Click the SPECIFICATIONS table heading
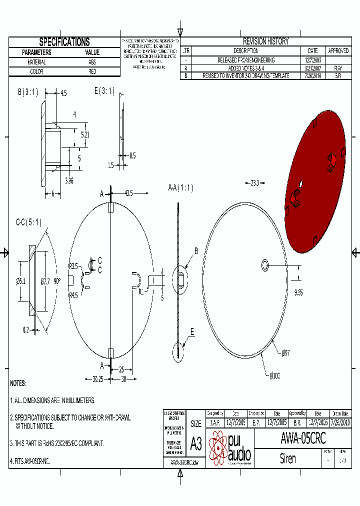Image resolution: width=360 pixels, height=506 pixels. pyautogui.click(x=64, y=42)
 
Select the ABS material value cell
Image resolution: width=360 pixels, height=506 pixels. pyautogui.click(x=92, y=62)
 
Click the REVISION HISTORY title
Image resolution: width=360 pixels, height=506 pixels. pyautogui.click(x=265, y=41)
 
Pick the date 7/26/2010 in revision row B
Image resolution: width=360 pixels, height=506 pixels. pyautogui.click(x=312, y=75)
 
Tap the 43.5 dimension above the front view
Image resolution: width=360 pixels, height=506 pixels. pyautogui.click(x=128, y=192)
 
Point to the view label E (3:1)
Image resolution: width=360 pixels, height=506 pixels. pyautogui.click(x=104, y=91)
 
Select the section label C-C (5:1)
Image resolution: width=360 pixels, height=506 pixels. pyautogui.click(x=28, y=222)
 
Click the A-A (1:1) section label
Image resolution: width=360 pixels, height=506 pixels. pyautogui.click(x=180, y=188)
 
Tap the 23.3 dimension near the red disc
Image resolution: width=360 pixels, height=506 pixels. pyautogui.click(x=255, y=183)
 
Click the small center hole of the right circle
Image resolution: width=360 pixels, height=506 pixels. pyautogui.click(x=264, y=264)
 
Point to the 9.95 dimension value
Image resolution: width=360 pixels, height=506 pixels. pyautogui.click(x=299, y=292)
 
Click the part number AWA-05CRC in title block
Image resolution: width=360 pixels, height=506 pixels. pyautogui.click(x=303, y=438)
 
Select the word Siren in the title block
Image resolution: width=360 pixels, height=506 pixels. pyautogui.click(x=287, y=458)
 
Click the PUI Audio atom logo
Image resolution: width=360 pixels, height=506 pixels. pyautogui.click(x=218, y=447)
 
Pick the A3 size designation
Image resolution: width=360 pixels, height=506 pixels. pyautogui.click(x=195, y=443)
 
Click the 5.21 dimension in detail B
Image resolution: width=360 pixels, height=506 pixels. pyautogui.click(x=86, y=134)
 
